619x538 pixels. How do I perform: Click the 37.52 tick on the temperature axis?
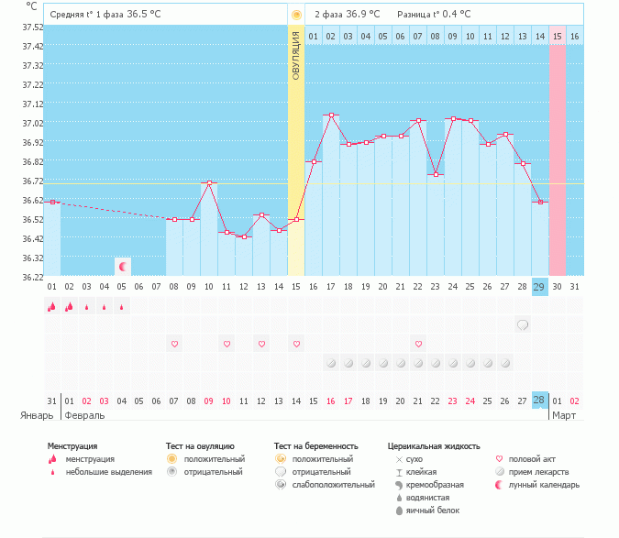[x=32, y=27]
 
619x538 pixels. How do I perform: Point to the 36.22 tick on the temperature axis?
[x=32, y=277]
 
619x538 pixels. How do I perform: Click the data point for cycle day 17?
[x=331, y=115]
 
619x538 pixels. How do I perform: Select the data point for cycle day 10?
[x=209, y=183]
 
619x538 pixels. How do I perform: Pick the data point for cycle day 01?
[x=52, y=202]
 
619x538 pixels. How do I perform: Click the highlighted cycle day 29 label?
[x=539, y=287]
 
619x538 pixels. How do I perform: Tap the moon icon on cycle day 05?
[x=122, y=266]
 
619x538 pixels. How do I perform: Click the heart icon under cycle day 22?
[x=418, y=344]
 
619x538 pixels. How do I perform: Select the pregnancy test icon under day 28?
[x=523, y=324]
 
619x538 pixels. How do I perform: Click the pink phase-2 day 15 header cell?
[x=557, y=36]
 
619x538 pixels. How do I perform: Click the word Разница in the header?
[x=415, y=15]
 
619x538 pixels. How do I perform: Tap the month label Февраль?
[x=83, y=415]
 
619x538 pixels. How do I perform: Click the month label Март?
[x=564, y=415]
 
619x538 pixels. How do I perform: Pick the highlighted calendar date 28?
[x=539, y=401]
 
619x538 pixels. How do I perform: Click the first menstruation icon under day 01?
[x=52, y=307]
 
